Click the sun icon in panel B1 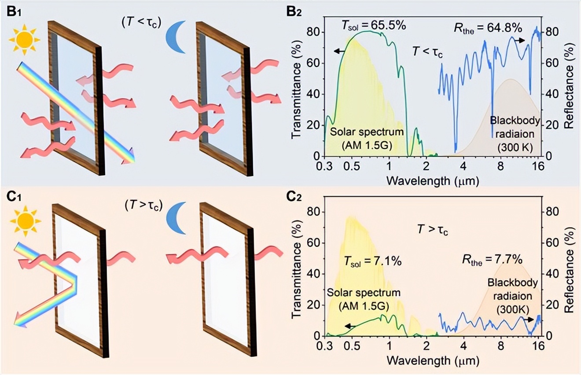25,38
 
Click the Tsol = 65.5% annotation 373,26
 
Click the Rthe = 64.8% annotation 488,29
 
